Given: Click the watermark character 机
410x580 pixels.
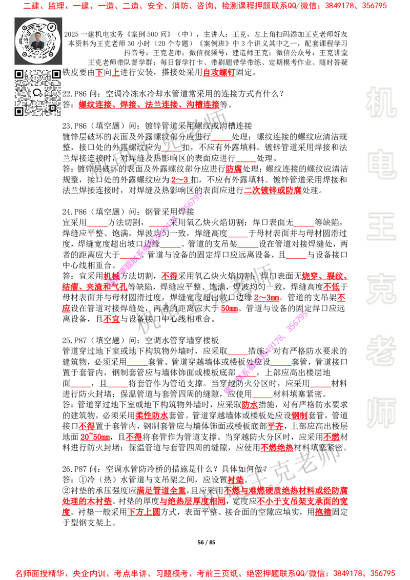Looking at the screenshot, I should (381, 102).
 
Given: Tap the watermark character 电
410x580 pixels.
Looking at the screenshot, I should (383, 164).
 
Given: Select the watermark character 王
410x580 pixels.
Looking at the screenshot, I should (381, 227).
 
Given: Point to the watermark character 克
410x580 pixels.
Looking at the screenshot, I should (381, 289).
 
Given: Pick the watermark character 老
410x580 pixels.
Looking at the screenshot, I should (381, 350).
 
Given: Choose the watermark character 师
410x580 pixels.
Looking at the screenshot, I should (381, 413).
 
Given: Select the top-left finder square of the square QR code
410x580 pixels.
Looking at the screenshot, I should (19, 74).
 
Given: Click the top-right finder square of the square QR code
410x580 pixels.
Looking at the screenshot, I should (56, 74).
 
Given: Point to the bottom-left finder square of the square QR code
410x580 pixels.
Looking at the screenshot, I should (19, 111).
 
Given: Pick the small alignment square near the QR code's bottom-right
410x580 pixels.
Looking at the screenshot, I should (52, 107).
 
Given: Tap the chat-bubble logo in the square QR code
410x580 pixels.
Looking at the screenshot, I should (37, 93).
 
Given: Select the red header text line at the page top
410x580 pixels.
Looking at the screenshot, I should (205, 7).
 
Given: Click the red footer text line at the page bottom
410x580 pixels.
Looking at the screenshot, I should (205, 573).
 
